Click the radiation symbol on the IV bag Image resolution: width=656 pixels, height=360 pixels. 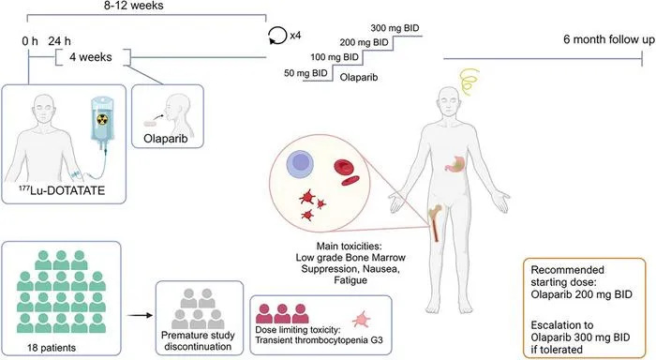(102, 120)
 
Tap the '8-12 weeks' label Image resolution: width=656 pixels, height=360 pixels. (134, 6)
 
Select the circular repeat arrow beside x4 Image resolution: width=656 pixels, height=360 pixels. (276, 36)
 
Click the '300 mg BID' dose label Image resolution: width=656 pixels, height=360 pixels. (395, 28)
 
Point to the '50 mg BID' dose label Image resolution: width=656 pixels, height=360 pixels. (306, 73)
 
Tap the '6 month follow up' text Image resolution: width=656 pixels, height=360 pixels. (609, 39)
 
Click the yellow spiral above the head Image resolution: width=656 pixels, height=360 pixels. (470, 81)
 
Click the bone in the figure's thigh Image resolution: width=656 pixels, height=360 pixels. (435, 222)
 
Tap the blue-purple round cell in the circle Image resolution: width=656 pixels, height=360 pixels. (300, 164)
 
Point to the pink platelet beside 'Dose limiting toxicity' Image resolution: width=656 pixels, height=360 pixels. (361, 320)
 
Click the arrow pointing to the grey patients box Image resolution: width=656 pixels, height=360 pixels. (141, 315)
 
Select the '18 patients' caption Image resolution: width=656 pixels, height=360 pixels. (52, 348)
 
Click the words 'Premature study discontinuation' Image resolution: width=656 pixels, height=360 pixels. (198, 340)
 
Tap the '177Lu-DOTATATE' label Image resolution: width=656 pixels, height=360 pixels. (62, 190)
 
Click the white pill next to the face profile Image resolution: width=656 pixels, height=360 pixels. (149, 124)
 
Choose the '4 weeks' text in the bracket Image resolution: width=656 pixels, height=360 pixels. (91, 57)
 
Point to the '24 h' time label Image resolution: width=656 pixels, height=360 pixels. (59, 41)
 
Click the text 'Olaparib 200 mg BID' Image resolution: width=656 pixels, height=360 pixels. (582, 294)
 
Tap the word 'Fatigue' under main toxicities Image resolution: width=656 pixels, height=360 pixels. (350, 280)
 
